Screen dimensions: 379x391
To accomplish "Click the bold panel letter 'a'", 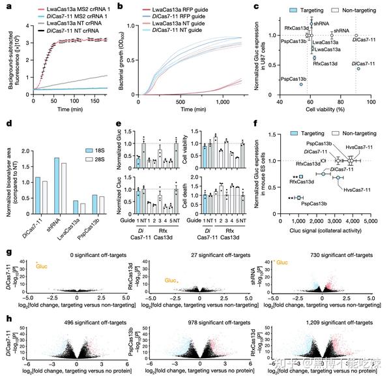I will [5, 5].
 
